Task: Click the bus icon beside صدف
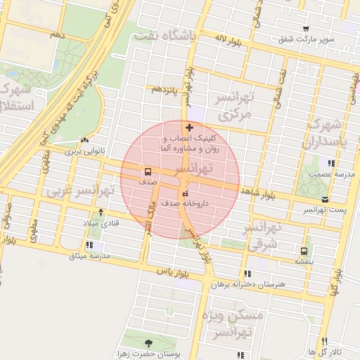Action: click(x=148, y=172)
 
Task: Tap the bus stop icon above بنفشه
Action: click(x=304, y=250)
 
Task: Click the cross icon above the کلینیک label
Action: click(x=189, y=127)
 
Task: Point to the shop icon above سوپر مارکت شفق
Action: click(x=305, y=28)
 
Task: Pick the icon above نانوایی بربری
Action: click(x=85, y=140)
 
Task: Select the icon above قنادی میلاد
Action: click(x=101, y=212)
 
